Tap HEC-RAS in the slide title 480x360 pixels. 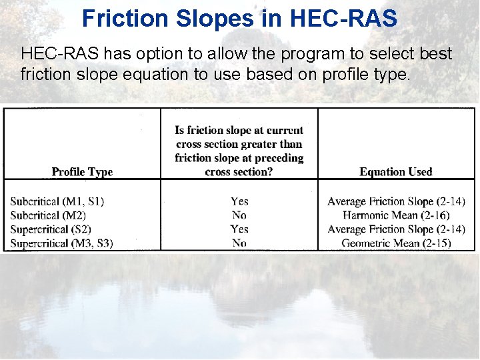[343, 18]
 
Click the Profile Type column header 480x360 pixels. [82, 172]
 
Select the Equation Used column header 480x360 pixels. [396, 172]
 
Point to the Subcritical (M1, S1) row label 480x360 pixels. [57, 201]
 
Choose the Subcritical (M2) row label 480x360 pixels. [48, 215]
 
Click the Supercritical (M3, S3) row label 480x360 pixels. [62, 243]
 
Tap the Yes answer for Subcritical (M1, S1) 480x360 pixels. [239, 201]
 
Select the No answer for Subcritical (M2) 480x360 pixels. [239, 215]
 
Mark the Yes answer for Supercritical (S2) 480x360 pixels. [239, 229]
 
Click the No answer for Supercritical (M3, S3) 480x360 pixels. [239, 243]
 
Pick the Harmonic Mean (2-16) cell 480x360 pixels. [396, 215]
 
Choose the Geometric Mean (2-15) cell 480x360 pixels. [396, 243]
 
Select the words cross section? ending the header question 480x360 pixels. [239, 172]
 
